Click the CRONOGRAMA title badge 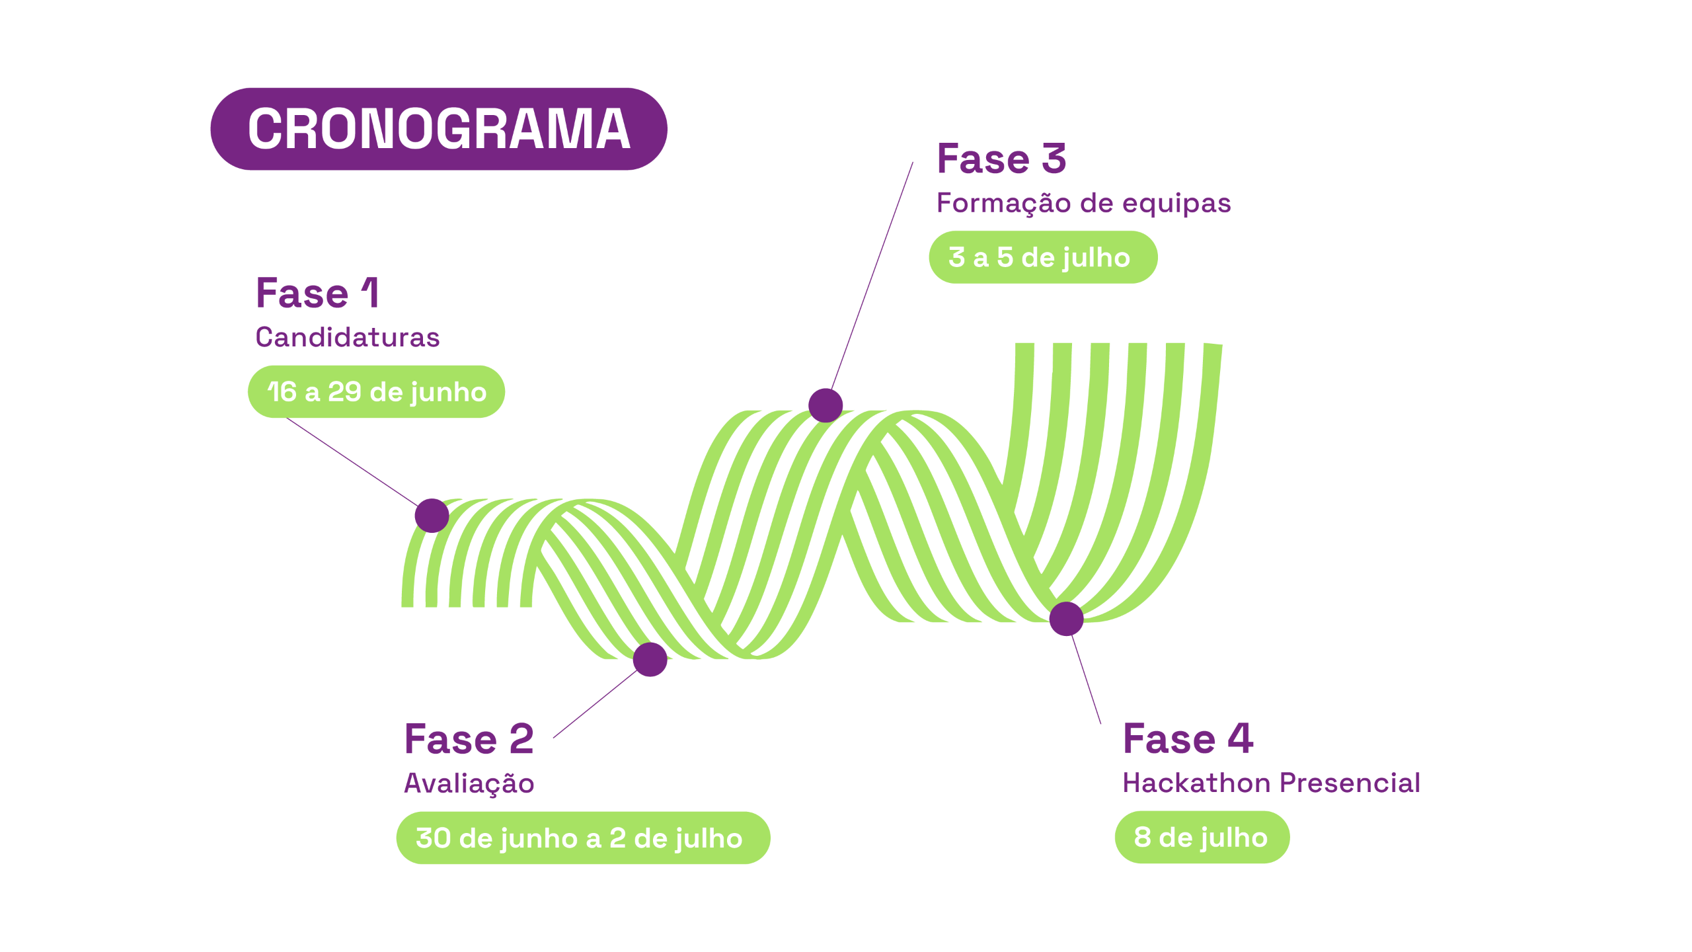[x=438, y=129]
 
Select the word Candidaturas [x=347, y=337]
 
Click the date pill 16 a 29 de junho [x=376, y=392]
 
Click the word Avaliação [x=469, y=783]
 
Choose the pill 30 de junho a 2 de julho [x=582, y=838]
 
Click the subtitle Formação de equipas [x=1083, y=203]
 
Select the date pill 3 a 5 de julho [x=1042, y=257]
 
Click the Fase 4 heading [x=1188, y=738]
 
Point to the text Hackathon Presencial [x=1270, y=783]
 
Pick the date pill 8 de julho [x=1201, y=838]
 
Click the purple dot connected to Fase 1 [x=432, y=516]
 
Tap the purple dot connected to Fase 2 [x=650, y=659]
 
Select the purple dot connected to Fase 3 [x=826, y=405]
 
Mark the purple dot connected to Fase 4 [x=1066, y=619]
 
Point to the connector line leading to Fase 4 [x=1086, y=681]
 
